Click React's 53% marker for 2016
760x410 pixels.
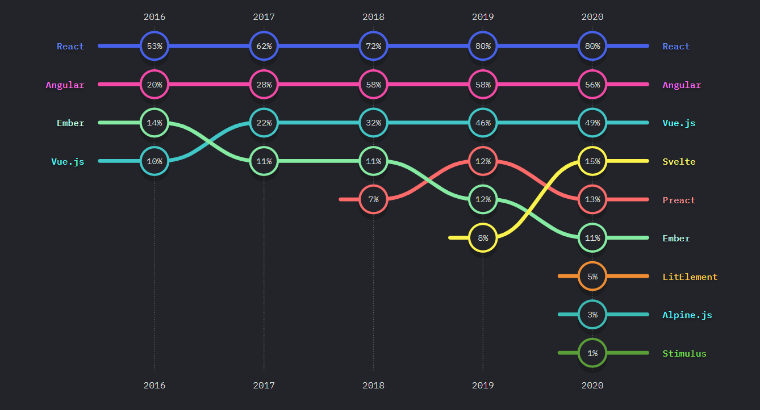coord(154,46)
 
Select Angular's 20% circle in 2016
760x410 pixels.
coord(154,85)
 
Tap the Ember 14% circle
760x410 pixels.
coord(154,123)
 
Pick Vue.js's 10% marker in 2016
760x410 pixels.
coord(154,161)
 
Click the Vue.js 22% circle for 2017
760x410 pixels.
coord(264,123)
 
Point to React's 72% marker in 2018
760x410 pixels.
coord(373,46)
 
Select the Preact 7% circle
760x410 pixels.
coord(373,199)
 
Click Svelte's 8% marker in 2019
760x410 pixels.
coord(483,238)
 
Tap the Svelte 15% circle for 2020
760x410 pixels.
coord(592,161)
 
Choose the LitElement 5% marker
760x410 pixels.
coord(592,277)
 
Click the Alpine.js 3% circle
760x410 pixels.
coord(592,315)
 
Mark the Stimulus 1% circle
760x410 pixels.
coord(592,353)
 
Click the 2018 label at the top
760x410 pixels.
coord(373,17)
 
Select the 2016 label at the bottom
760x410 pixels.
coord(154,385)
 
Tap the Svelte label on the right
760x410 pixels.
coord(679,162)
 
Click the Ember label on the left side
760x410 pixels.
coord(70,123)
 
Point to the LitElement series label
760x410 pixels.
coord(690,277)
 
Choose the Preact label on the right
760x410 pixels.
coord(679,200)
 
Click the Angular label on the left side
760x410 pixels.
coord(65,85)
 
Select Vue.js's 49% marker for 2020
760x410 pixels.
coord(592,123)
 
